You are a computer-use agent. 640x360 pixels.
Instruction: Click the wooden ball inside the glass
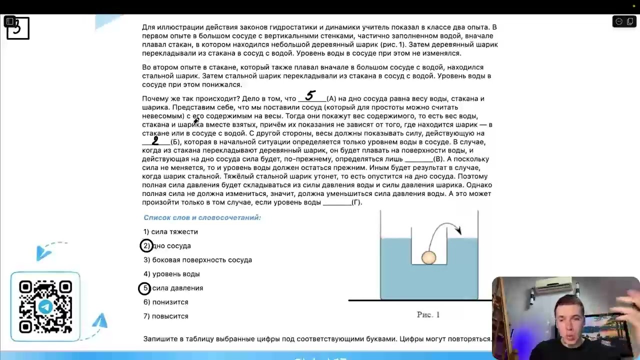point(428,257)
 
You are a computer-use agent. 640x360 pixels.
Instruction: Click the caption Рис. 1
point(428,314)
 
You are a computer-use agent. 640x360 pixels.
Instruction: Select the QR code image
point(45,306)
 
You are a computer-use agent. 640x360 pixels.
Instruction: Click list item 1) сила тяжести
point(170,232)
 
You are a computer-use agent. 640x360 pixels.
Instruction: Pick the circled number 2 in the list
point(146,246)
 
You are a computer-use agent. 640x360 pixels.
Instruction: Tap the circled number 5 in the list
point(144,288)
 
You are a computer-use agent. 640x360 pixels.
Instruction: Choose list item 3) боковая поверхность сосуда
point(197,260)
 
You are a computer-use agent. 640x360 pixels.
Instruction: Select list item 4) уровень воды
point(171,274)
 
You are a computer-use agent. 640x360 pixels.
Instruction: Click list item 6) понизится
point(166,302)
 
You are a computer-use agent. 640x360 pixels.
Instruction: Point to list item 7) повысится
point(166,316)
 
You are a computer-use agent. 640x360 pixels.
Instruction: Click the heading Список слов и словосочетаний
point(202,217)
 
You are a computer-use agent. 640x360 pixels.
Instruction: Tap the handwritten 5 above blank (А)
point(310,95)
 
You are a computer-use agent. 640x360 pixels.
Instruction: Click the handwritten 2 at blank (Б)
point(155,141)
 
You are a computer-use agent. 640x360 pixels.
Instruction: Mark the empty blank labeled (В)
point(418,159)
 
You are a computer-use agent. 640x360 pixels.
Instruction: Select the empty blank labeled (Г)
point(337,202)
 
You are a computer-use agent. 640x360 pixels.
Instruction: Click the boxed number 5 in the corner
point(18,28)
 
